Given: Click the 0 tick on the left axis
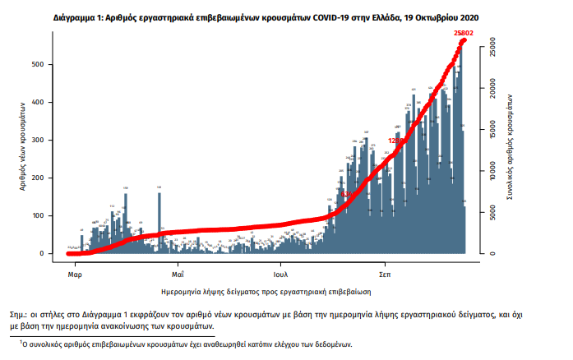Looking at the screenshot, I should pos(53,253).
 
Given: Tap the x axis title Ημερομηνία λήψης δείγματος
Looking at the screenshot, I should pos(267,291).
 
